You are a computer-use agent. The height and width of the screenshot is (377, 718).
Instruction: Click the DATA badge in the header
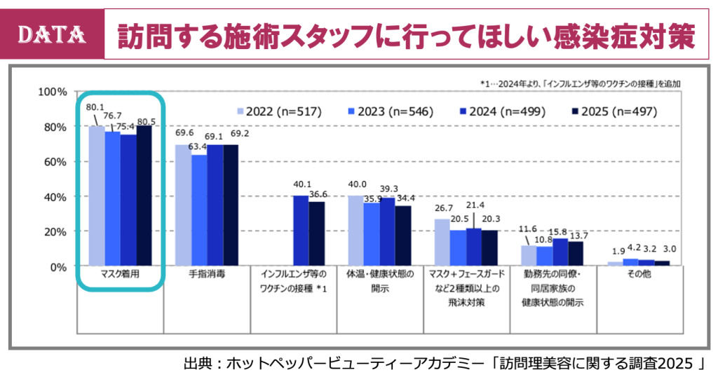tap(51, 33)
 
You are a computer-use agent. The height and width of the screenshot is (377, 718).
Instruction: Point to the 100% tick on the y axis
tap(52, 92)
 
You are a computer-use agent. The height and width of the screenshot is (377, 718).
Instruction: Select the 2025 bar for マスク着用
tap(144, 196)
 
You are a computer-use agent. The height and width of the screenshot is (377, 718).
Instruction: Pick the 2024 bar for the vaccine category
tap(300, 231)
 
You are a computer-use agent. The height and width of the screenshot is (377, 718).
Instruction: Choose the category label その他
tap(639, 275)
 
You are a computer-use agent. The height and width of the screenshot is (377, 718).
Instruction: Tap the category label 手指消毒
tap(207, 275)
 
